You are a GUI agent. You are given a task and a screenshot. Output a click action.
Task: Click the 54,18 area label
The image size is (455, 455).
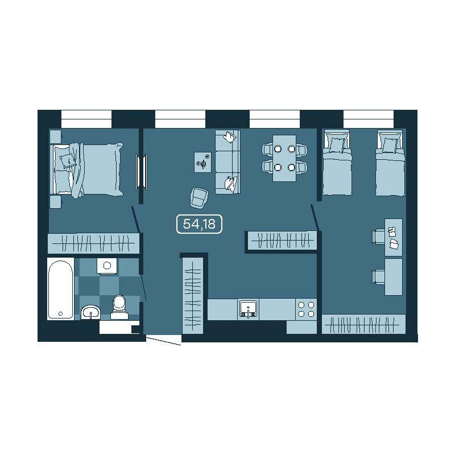pyautogui.click(x=199, y=224)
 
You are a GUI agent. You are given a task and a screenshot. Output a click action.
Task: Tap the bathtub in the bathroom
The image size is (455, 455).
pyautogui.click(x=60, y=289)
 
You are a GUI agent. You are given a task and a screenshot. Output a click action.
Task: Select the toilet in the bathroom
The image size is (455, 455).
pyautogui.click(x=119, y=307)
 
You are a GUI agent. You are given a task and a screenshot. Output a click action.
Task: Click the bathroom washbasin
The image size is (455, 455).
pyautogui.click(x=90, y=312)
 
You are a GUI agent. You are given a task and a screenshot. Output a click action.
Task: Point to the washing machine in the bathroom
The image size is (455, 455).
pyautogui.click(x=107, y=266)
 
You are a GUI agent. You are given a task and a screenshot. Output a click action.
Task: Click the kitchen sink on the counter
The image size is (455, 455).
pyautogui.click(x=248, y=309)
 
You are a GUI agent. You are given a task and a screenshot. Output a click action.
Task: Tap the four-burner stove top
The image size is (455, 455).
pyautogui.click(x=306, y=309)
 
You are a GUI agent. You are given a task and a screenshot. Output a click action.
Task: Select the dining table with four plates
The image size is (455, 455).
pyautogui.click(x=284, y=158)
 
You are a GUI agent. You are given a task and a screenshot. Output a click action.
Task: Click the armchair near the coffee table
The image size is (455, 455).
pyautogui.click(x=200, y=197)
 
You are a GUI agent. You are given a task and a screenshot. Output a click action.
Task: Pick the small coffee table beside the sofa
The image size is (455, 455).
pyautogui.click(x=202, y=162)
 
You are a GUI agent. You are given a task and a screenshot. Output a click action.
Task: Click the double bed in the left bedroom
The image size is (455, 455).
pyautogui.click(x=86, y=169)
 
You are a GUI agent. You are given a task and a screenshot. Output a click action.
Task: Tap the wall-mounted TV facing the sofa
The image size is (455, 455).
pyautogui.click(x=141, y=172)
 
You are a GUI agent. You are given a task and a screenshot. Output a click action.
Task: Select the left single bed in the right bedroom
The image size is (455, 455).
pyautogui.click(x=337, y=163)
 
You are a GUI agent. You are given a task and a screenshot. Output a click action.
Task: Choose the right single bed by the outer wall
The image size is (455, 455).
pyautogui.click(x=390, y=163)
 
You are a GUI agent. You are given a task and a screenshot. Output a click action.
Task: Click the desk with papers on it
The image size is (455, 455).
pyautogui.click(x=394, y=237)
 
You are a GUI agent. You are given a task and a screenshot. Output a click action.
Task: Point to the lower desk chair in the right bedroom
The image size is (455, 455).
pyautogui.click(x=378, y=276)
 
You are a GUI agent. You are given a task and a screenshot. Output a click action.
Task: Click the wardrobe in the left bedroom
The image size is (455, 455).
pyautogui.click(x=93, y=243)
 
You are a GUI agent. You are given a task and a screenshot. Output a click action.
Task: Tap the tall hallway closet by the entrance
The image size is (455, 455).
pyautogui.click(x=192, y=295)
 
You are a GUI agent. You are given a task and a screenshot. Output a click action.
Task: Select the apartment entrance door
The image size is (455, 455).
pyautogui.click(x=163, y=340)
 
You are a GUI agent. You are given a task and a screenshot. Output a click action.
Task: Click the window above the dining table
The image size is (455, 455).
pyautogui.click(x=275, y=119)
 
